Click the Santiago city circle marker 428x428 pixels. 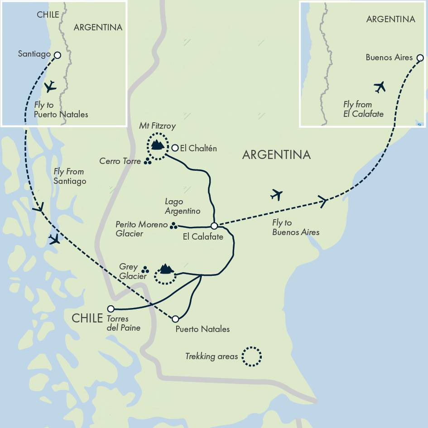(x=58, y=55)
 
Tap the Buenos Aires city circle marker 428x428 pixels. (x=420, y=58)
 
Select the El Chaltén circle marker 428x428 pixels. (x=175, y=148)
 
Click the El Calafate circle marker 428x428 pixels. (x=215, y=226)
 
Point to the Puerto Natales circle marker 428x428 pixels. (x=175, y=319)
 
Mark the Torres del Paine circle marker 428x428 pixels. (x=111, y=309)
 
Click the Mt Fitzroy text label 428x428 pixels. (x=157, y=126)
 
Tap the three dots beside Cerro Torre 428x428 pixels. (x=148, y=161)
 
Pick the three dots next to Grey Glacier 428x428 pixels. (x=145, y=269)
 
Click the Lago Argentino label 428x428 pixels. (x=183, y=207)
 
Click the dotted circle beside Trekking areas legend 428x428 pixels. (x=251, y=356)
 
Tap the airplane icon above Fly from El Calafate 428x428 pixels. (x=380, y=87)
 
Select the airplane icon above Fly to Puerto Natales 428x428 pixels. (x=50, y=86)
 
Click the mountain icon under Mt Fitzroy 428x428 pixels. (x=157, y=145)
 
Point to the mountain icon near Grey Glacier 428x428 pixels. (x=166, y=269)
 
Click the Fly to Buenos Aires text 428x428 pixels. (x=295, y=227)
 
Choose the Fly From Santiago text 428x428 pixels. (x=69, y=176)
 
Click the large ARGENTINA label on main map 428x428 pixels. (x=276, y=155)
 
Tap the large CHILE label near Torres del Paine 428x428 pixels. (x=87, y=318)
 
